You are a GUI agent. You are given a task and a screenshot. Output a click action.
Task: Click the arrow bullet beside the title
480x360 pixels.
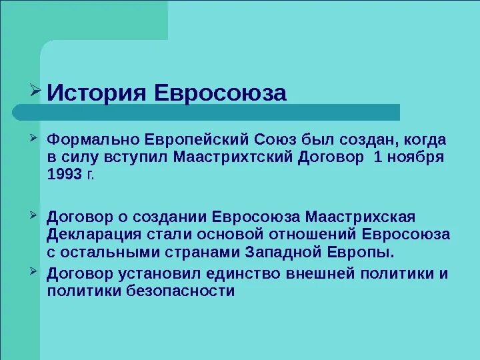[x=37, y=89]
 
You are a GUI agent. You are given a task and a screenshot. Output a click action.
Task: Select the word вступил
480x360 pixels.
[x=137, y=158]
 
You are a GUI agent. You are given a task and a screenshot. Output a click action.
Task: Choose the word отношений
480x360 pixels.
[x=314, y=235]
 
